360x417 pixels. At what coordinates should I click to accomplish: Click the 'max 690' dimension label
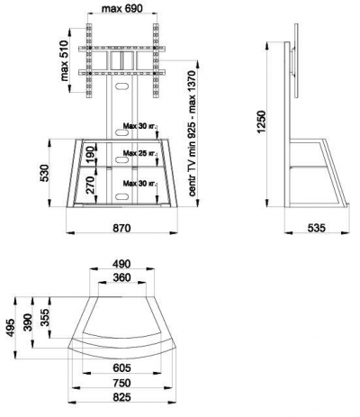122,9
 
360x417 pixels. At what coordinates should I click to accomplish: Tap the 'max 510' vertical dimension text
65,60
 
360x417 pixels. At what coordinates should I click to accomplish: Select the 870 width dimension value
121,228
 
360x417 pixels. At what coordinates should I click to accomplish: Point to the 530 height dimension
44,173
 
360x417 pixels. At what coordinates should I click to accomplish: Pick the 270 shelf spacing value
91,184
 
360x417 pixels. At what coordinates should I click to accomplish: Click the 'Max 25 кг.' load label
139,153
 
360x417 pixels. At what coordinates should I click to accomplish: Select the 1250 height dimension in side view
261,122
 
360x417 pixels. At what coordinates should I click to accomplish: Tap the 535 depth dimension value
317,228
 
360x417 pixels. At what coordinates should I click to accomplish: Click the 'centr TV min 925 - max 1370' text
193,133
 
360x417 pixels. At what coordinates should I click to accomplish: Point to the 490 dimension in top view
121,264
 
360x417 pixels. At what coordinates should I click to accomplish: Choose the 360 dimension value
121,277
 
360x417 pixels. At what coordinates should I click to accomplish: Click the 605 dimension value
121,367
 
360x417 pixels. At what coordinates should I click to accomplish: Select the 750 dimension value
121,383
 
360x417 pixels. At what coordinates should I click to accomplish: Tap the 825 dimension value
121,397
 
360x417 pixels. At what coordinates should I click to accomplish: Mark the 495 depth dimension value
11,328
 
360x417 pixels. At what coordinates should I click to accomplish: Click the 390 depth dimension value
28,322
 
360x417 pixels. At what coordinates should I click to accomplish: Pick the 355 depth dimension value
45,317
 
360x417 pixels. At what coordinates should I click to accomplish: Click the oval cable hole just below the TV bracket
121,86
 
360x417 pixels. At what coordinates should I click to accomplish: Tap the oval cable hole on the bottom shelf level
121,196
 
